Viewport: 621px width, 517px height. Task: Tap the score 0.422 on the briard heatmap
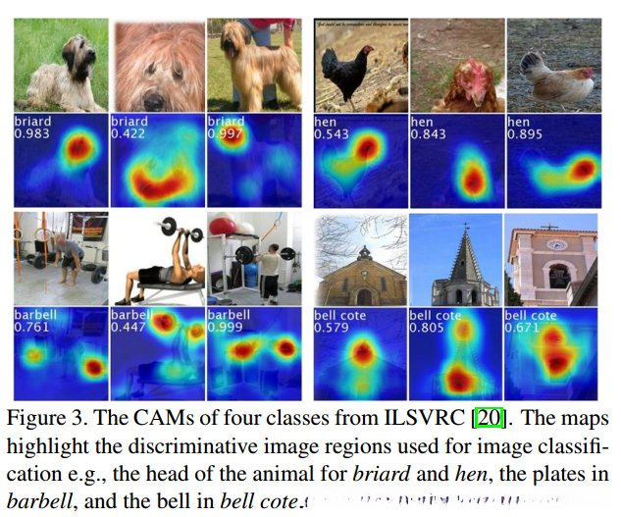coord(129,135)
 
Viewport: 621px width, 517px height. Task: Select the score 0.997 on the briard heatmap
coord(225,135)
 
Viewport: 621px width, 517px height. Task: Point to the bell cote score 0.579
coord(329,330)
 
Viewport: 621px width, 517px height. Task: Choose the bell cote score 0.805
coord(425,330)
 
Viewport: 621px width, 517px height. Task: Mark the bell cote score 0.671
coord(522,330)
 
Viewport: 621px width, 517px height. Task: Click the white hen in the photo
coord(558,82)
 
